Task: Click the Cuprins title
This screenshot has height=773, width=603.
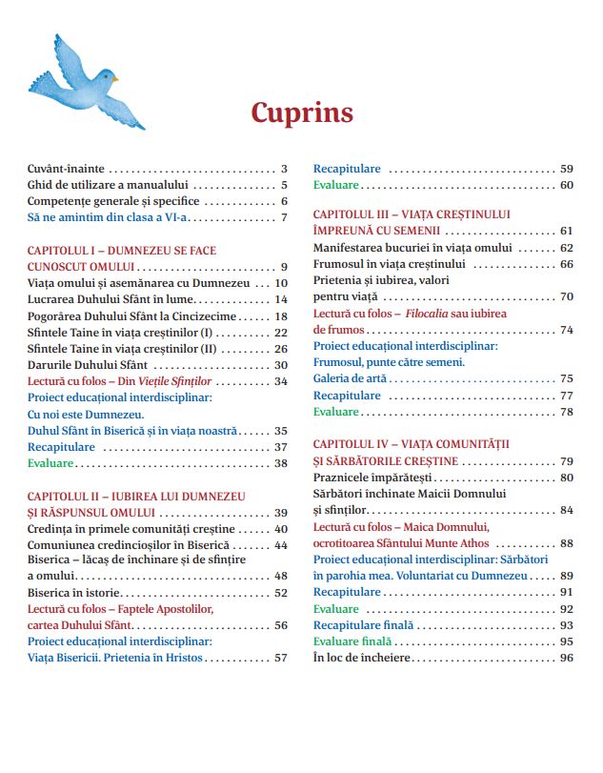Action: pyautogui.click(x=301, y=112)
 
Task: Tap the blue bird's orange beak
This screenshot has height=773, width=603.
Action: pyautogui.click(x=115, y=79)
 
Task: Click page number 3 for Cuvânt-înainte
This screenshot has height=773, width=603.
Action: pyautogui.click(x=284, y=168)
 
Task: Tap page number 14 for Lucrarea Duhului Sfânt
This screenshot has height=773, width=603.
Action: pyautogui.click(x=281, y=299)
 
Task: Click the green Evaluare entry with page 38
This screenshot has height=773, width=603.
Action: pyautogui.click(x=50, y=463)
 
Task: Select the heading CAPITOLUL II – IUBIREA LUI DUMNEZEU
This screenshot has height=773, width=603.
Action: pyautogui.click(x=136, y=497)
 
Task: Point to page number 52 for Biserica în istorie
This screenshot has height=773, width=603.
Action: pyautogui.click(x=281, y=592)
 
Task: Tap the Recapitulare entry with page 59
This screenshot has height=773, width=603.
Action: pyautogui.click(x=347, y=168)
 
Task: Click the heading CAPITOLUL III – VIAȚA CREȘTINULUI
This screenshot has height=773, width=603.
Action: pyautogui.click(x=412, y=214)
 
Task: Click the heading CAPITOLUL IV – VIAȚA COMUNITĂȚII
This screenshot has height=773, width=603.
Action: pyautogui.click(x=412, y=444)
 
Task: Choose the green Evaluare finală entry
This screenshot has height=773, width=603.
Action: pyautogui.click(x=353, y=641)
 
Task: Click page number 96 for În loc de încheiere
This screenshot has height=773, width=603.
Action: pyautogui.click(x=567, y=658)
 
